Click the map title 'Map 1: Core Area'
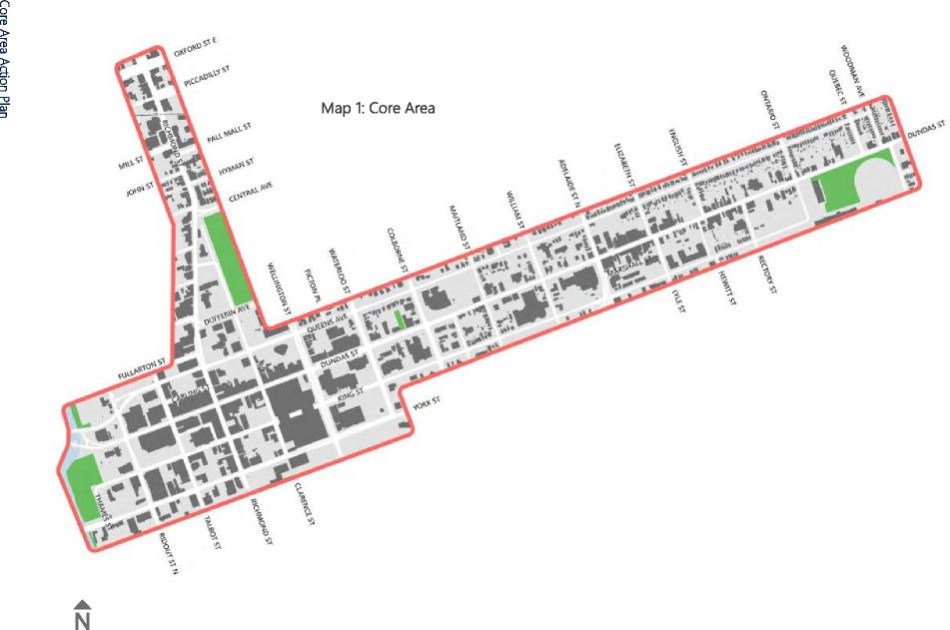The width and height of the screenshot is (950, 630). (x=378, y=108)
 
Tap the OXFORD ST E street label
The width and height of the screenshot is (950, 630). (x=195, y=46)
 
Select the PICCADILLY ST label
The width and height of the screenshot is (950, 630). (x=207, y=76)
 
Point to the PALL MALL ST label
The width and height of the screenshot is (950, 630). (x=229, y=133)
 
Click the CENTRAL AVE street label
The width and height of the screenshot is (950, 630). (x=250, y=192)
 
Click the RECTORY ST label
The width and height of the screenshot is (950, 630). (x=766, y=273)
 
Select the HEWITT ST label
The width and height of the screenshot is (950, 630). (x=725, y=287)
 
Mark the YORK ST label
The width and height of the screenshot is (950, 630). (x=425, y=403)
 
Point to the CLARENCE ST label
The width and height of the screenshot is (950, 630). (x=305, y=503)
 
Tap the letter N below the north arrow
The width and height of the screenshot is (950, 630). (x=82, y=621)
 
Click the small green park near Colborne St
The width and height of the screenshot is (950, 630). (x=400, y=319)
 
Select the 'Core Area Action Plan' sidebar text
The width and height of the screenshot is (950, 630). (x=6, y=60)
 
